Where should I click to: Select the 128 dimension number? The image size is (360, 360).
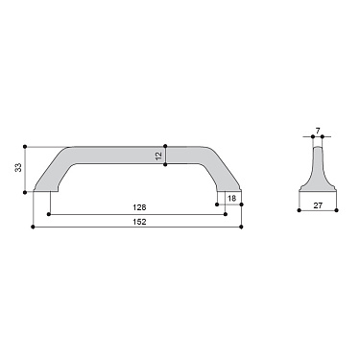tap(139, 206)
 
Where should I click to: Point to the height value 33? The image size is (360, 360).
tap(18, 168)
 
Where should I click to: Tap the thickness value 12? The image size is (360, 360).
tap(158, 155)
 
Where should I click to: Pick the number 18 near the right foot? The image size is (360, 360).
tap(231, 198)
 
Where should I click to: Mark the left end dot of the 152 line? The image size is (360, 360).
tap(34, 227)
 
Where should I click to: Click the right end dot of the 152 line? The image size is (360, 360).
tap(242, 227)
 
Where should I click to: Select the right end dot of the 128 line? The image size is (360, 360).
tap(226, 213)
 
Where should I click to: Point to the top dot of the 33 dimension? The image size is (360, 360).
tap(25, 146)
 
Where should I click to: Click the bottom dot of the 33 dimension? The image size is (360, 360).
tap(25, 191)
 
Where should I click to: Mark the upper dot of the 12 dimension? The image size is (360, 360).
tap(166, 146)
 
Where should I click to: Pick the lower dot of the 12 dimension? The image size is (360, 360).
tap(166, 164)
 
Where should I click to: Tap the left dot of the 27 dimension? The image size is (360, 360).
tap(294, 206)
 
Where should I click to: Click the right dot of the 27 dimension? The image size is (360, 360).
tap(339, 206)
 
